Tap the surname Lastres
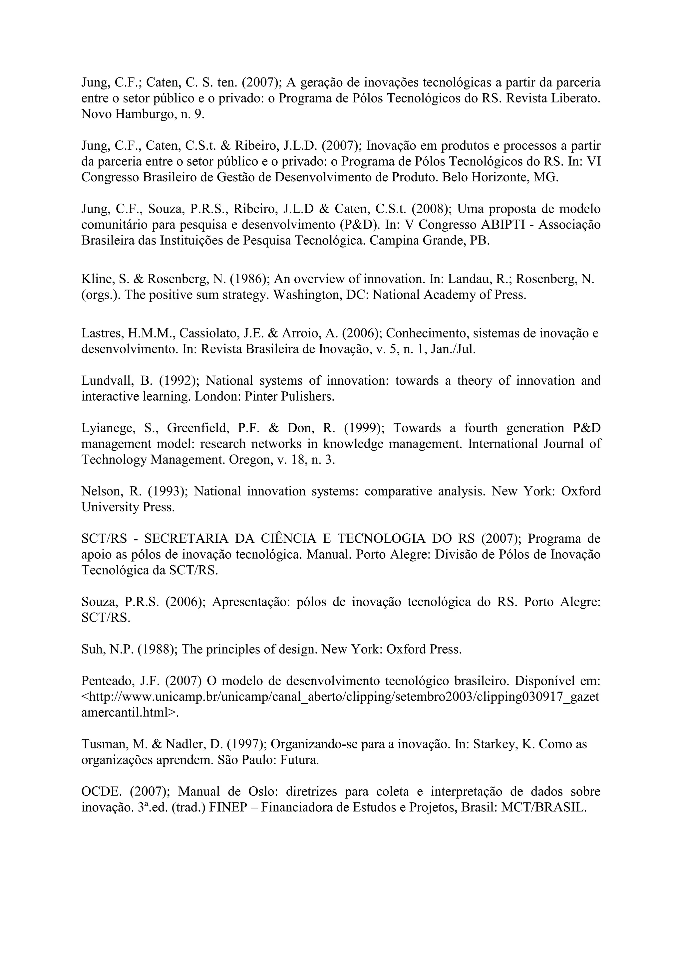(x=101, y=333)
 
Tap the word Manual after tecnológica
(x=329, y=555)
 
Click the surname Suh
(x=92, y=650)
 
